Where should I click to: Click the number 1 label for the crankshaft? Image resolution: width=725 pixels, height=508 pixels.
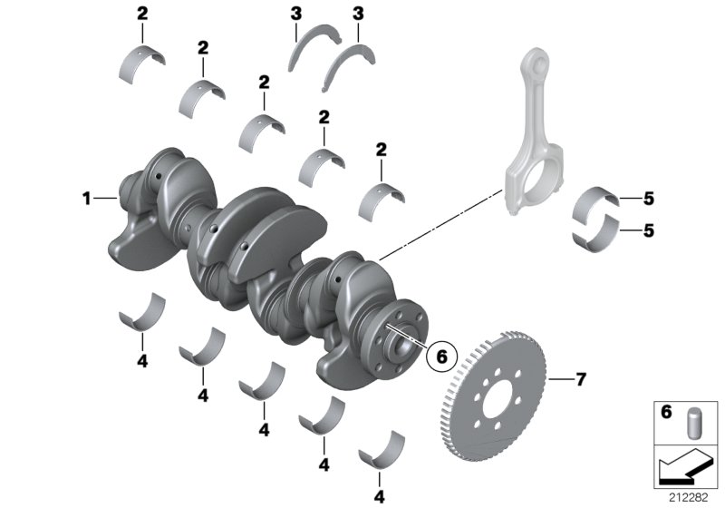point(86,197)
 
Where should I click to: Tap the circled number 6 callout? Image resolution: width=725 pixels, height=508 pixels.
point(441,357)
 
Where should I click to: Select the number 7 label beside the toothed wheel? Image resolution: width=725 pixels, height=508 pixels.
point(581,379)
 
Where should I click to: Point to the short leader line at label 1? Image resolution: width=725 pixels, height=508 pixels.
point(105,197)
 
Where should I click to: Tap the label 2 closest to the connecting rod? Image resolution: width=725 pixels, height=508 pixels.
point(382,149)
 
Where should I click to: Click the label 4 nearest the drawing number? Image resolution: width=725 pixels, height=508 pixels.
point(379,496)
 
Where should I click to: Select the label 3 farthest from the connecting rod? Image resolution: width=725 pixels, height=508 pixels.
point(296,15)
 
